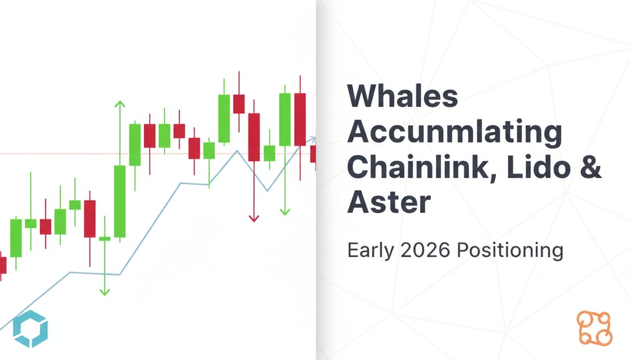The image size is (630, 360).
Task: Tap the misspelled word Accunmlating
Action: [454, 132]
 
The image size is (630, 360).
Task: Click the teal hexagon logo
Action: [30, 329]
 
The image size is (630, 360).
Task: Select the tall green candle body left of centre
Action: [119, 201]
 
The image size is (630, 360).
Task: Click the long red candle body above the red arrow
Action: [254, 137]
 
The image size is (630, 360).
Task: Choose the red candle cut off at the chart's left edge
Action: [3, 265]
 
